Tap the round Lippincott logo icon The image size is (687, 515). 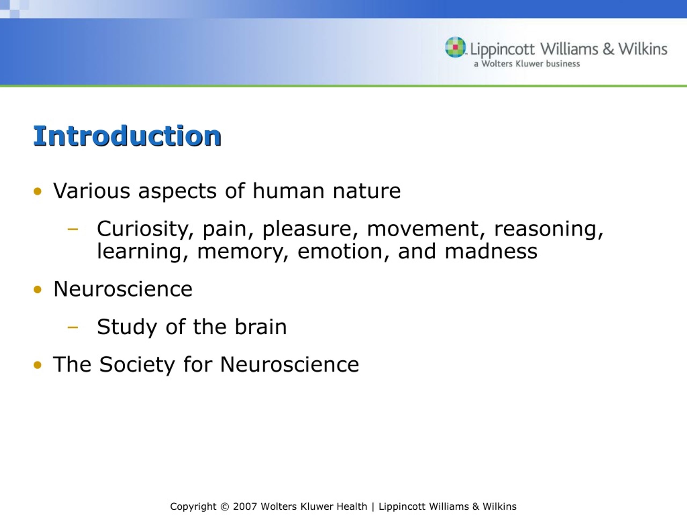pos(456,47)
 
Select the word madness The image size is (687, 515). pos(491,251)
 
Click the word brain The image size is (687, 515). pos(261,327)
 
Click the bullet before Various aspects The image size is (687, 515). pos(37,191)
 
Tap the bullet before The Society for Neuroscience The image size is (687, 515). pos(37,365)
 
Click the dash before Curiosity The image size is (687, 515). pos(73,229)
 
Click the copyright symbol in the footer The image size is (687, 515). pos(225,507)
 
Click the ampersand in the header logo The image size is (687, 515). pos(608,49)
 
